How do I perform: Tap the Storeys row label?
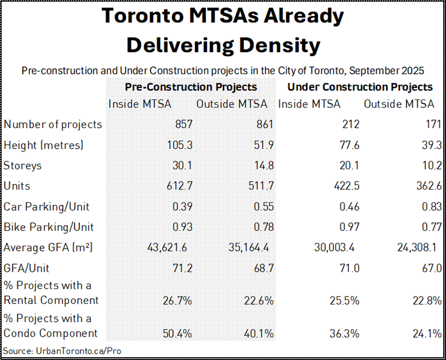pyautogui.click(x=23, y=166)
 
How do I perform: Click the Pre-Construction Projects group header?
pyautogui.click(x=191, y=87)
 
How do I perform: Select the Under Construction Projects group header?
pyautogui.click(x=360, y=87)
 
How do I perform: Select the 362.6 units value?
pyautogui.click(x=428, y=186)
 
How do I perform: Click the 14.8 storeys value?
pyautogui.click(x=264, y=166)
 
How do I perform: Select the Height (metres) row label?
pyautogui.click(x=43, y=145)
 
